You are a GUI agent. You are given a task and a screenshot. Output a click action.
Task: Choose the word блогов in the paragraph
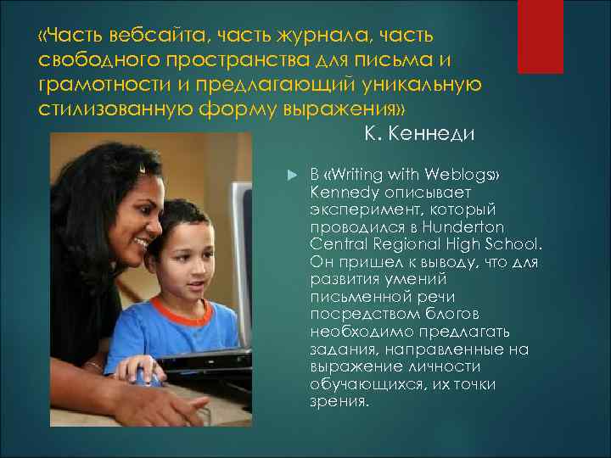point(440,315)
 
